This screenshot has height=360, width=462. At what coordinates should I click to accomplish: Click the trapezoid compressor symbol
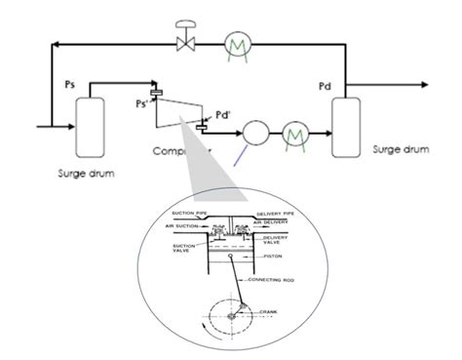click(180, 114)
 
